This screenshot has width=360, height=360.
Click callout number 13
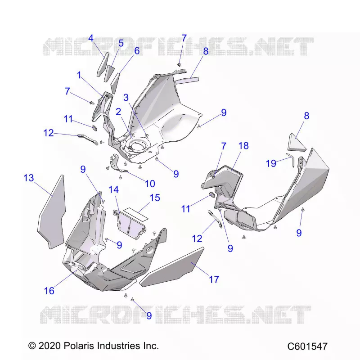29,178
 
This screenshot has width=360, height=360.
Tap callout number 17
214,279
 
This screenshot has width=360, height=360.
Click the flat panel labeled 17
172,267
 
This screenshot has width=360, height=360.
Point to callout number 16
49,291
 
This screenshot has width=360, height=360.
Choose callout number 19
271,163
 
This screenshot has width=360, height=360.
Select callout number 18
243,145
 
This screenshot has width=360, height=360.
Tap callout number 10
150,184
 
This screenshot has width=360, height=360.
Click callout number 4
91,38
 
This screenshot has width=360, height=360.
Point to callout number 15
155,198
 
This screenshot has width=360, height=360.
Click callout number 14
114,189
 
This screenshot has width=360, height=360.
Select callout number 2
118,112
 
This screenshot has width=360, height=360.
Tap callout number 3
126,98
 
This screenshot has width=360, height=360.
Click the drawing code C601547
307,346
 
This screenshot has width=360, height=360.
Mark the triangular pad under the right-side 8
297,142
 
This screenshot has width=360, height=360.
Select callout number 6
137,51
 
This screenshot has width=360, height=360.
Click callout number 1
80,75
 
